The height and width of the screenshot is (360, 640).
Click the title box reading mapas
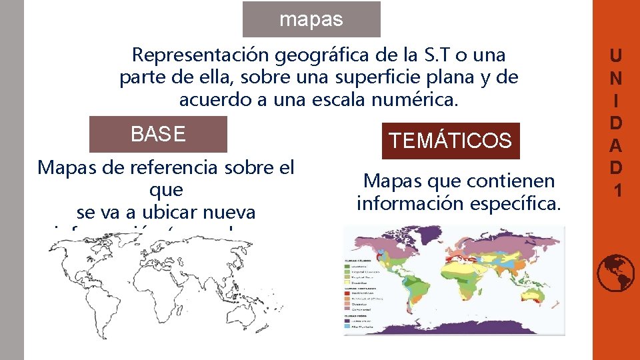(x=311, y=19)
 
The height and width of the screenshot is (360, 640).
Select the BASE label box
(x=158, y=134)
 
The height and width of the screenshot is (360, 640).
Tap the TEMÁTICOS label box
(x=450, y=140)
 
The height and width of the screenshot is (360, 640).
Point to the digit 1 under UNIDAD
(x=617, y=191)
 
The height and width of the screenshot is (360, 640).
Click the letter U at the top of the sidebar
(x=617, y=55)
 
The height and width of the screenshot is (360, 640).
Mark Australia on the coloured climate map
(x=533, y=299)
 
